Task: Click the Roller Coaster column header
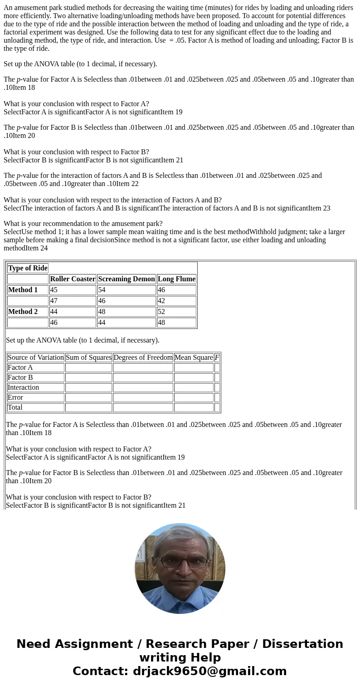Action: pos(73,279)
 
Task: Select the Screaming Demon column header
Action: pos(126,279)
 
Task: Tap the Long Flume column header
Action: pos(176,279)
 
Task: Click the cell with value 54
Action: pos(126,290)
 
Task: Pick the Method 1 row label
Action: pos(28,290)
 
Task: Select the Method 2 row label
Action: pos(28,312)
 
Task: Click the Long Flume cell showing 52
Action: pos(176,312)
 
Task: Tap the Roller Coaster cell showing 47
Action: pos(73,301)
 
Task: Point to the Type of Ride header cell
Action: pos(28,268)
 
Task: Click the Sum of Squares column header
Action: pos(88,358)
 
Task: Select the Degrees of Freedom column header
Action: pos(143,358)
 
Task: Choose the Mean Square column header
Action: pos(194,358)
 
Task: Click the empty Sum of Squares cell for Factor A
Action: pos(88,368)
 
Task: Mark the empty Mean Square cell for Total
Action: pos(194,407)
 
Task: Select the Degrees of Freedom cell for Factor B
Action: pos(143,377)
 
